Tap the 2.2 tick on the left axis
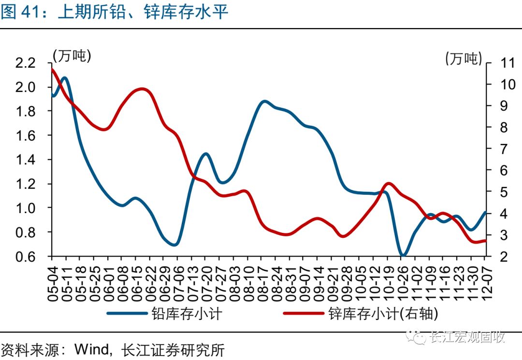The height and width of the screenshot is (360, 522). click(26, 63)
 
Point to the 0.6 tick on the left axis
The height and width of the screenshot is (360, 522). click(26, 256)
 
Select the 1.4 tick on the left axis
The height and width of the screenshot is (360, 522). click(26, 160)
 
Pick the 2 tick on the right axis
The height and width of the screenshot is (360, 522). click(498, 256)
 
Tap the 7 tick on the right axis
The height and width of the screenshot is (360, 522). click(498, 149)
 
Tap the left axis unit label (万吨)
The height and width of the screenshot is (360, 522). click(72, 56)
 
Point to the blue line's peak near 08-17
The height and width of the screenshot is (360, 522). click(264, 101)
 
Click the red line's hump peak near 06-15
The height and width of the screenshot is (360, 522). click(142, 89)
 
